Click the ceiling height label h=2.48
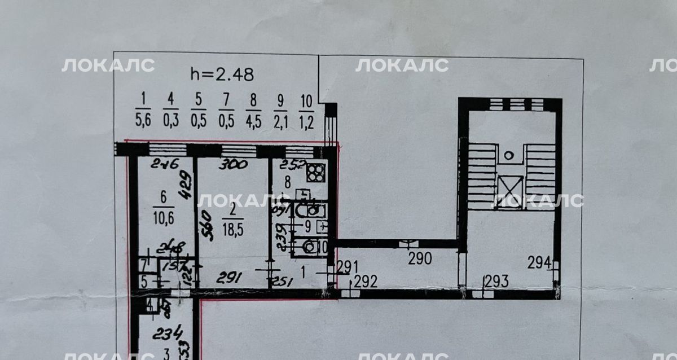point(222,74)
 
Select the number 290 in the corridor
point(420,259)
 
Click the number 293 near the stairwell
point(496,280)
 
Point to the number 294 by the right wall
point(539,262)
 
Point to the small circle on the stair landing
point(509,154)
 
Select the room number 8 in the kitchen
point(287,182)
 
